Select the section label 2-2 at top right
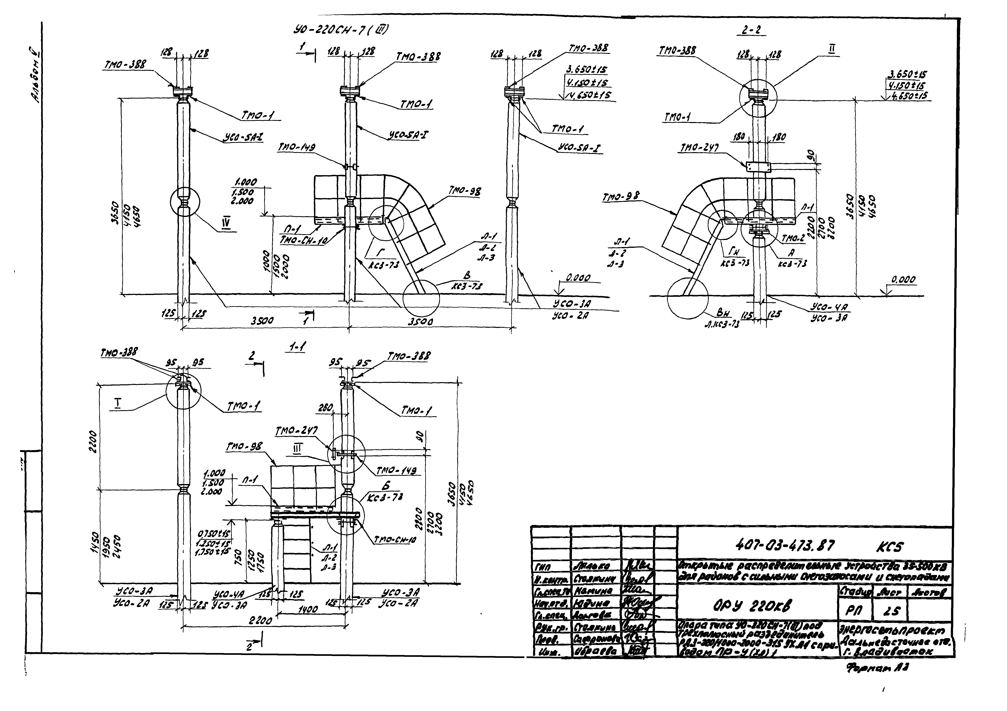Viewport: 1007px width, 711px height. click(751, 30)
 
